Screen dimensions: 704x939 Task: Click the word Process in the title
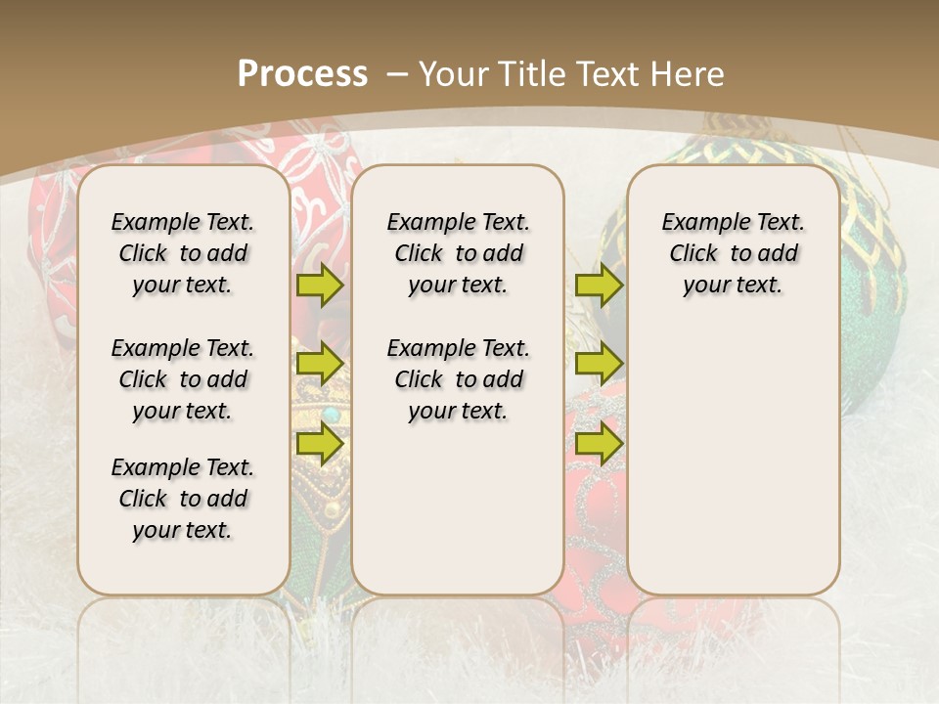click(302, 73)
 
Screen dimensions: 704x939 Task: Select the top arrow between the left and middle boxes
click(320, 286)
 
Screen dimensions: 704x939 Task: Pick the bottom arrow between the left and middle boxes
click(320, 443)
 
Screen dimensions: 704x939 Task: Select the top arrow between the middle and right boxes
click(599, 286)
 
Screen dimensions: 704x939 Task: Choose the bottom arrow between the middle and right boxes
click(599, 443)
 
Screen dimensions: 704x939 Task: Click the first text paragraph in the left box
click(183, 253)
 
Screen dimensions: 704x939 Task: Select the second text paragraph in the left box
click(183, 379)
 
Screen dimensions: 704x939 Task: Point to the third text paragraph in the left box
click(183, 499)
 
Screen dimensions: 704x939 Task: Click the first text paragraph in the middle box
click(458, 253)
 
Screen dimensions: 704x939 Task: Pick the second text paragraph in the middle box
click(458, 379)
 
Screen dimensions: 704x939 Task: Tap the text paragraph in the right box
click(733, 253)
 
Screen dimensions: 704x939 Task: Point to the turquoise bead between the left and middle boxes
click(332, 415)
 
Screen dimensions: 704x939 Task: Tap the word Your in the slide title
click(455, 74)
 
